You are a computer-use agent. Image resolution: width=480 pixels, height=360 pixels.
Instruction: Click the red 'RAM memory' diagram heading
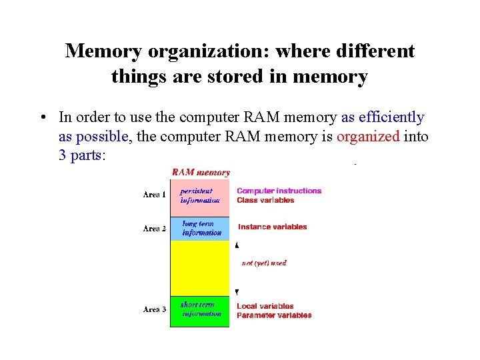click(201, 172)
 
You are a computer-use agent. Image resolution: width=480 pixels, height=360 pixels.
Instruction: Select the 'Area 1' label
click(155, 195)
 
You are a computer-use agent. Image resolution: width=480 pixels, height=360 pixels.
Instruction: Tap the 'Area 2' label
click(155, 229)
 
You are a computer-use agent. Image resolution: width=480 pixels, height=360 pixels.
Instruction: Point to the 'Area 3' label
click(155, 309)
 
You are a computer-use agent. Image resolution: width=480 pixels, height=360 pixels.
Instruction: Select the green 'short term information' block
click(200, 311)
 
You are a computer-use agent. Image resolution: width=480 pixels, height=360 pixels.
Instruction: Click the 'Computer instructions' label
click(279, 191)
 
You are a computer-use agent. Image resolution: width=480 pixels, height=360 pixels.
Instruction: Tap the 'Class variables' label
click(265, 200)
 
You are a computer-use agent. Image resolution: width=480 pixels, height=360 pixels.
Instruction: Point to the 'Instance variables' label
click(272, 227)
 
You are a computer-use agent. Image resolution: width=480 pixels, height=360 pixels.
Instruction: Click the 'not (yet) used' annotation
click(264, 263)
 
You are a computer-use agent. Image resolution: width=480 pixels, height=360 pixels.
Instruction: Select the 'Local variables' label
click(265, 306)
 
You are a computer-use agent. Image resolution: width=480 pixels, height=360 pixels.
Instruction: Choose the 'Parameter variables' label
click(274, 315)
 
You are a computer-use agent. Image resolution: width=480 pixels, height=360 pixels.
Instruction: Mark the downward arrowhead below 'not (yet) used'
click(237, 292)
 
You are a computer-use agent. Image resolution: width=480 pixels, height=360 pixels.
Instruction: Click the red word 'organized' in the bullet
click(368, 137)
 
